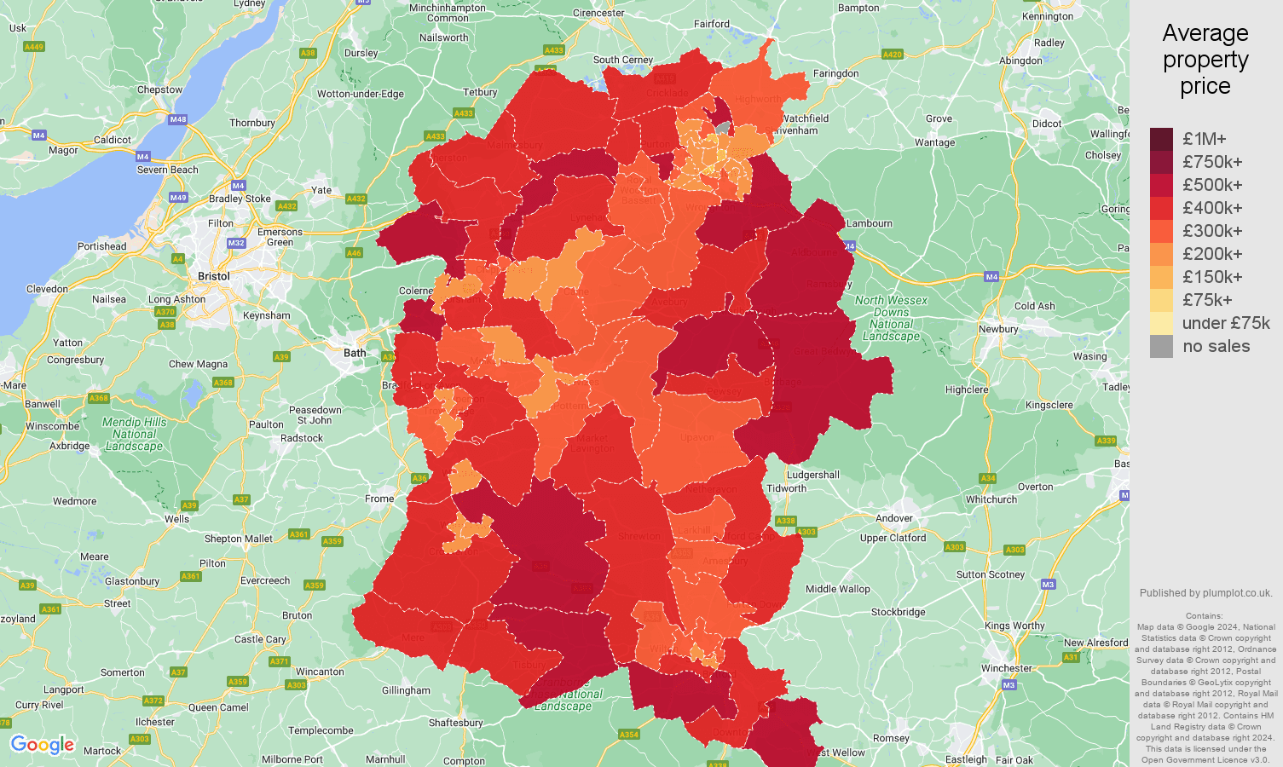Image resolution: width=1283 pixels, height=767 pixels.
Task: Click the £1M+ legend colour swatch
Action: coord(1161,139)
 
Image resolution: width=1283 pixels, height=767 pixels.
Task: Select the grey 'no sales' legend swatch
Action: coord(1161,346)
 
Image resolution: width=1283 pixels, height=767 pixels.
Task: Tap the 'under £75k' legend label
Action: coord(1225,323)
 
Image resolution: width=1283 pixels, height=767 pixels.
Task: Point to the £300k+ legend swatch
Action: coord(1161,231)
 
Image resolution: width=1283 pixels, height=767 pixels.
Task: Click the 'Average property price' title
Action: coord(1205,60)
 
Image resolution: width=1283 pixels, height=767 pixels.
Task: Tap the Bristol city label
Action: coord(213,276)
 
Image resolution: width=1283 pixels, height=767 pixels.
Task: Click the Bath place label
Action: coord(355,353)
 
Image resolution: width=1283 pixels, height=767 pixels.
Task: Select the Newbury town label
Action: coord(998,329)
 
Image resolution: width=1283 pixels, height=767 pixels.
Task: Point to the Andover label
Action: coord(893,518)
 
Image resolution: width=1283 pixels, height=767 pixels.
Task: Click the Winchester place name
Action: coord(1006,668)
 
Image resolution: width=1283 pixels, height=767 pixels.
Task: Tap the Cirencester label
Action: coord(598,13)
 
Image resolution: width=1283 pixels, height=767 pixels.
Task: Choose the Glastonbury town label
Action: coord(132,581)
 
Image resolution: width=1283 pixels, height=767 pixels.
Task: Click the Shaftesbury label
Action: coord(455,723)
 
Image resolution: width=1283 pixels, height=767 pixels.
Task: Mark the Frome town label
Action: coord(379,499)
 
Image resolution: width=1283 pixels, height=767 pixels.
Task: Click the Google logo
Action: coord(43,745)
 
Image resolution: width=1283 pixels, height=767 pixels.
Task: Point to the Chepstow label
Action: coord(159,89)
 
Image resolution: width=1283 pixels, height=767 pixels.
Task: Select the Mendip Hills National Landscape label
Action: coord(134,434)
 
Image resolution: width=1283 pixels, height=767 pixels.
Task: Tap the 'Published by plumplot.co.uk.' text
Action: coord(1205,593)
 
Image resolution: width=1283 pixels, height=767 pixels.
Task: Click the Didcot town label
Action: coord(1047,124)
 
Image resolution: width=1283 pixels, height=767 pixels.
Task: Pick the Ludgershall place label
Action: coord(812,475)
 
